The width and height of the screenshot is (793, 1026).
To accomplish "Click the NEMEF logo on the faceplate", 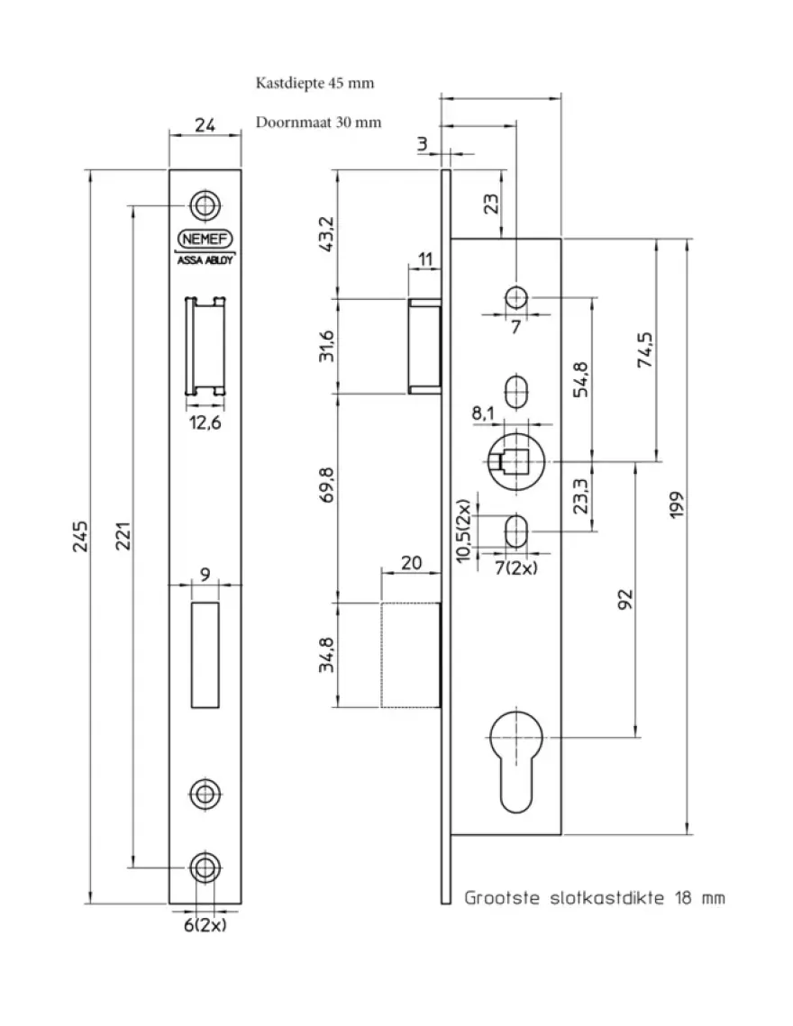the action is [x=205, y=239].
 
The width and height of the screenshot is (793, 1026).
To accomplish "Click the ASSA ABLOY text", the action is [x=205, y=259].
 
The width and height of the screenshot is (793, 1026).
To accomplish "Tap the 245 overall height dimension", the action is [x=80, y=537].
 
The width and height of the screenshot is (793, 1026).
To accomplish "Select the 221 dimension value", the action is [x=123, y=537].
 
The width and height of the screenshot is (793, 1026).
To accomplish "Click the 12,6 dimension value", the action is [x=205, y=422].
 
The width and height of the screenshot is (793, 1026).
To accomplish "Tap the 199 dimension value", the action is [x=677, y=505].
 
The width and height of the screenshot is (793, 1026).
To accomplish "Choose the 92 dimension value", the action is [x=625, y=599].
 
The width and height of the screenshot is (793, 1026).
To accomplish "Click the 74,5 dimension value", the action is [x=645, y=350].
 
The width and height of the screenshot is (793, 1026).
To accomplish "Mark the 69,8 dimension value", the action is [x=327, y=485].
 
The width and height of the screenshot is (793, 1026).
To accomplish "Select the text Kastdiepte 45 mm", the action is [x=315, y=83].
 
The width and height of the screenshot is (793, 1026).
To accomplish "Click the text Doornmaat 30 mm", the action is [x=318, y=123].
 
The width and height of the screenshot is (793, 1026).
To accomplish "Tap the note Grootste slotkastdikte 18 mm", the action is [x=595, y=898].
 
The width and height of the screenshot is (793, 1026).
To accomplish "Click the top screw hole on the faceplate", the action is [x=205, y=205].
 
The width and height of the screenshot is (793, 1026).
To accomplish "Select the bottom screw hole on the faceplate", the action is [x=205, y=867].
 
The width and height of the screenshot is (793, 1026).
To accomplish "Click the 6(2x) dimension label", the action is [x=205, y=925].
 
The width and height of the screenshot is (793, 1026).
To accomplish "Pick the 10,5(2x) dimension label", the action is [x=463, y=531].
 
